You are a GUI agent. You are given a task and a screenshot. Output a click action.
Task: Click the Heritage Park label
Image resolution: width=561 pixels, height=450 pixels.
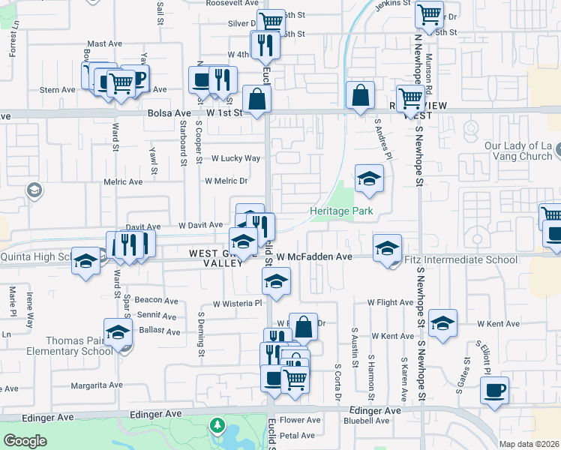pyautogui.click(x=341, y=211)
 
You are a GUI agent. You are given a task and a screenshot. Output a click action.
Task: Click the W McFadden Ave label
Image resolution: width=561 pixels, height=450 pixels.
pyautogui.click(x=314, y=256)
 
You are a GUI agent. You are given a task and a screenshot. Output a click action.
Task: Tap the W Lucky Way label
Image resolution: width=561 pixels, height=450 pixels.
pyautogui.click(x=235, y=158)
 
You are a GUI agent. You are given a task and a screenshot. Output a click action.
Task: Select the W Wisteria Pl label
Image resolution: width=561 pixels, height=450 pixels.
pyautogui.click(x=237, y=304)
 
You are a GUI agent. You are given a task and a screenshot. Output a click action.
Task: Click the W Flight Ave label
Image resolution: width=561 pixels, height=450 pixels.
pyautogui.click(x=390, y=302)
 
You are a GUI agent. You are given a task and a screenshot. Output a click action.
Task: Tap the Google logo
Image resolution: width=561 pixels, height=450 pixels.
pyautogui.click(x=25, y=440)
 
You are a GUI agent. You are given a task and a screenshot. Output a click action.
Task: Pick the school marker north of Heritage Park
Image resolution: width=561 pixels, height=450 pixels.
pyautogui.click(x=368, y=179)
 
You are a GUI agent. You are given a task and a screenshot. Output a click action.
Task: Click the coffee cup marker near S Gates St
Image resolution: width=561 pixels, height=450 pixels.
pyautogui.click(x=494, y=391)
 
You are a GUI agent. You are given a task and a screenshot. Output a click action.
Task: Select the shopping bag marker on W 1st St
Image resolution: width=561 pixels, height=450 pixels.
pyautogui.click(x=256, y=99)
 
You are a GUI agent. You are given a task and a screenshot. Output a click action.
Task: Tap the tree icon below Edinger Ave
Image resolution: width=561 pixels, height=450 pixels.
pyautogui.click(x=217, y=425)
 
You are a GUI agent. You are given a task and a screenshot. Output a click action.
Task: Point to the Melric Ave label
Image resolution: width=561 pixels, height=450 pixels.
pyautogui.click(x=124, y=181)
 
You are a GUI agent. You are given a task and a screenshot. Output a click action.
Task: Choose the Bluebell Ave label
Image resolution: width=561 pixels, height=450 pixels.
pyautogui.click(x=366, y=421)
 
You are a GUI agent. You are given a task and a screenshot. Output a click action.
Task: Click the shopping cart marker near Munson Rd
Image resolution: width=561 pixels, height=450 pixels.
pyautogui.click(x=429, y=15)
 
